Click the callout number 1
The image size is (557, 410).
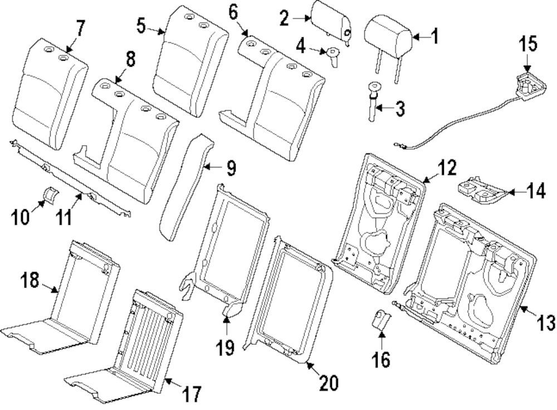[434, 37]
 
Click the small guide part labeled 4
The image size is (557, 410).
[334, 55]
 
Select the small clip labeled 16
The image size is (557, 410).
[380, 322]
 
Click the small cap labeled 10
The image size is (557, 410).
[51, 195]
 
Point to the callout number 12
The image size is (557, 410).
[447, 167]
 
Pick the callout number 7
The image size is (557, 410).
[81, 28]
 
